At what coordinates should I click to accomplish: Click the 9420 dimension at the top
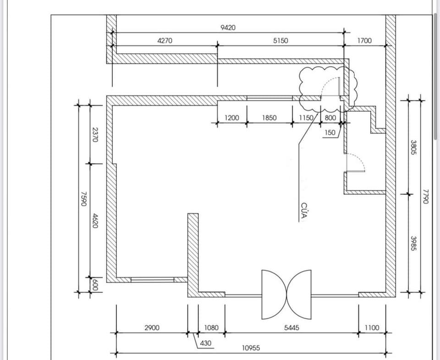(x=228, y=28)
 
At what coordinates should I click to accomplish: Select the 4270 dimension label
(x=165, y=41)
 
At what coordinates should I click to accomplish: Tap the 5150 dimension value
(x=280, y=41)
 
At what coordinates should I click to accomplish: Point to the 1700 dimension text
(x=364, y=41)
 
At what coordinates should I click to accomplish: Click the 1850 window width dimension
(x=269, y=118)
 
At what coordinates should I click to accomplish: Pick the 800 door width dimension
(x=330, y=118)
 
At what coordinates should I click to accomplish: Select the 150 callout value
(x=330, y=133)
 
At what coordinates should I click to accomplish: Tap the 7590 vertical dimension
(x=83, y=199)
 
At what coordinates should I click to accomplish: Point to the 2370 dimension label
(x=95, y=135)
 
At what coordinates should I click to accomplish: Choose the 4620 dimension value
(x=95, y=221)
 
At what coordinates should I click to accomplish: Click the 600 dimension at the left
(x=95, y=285)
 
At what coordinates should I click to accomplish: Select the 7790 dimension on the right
(x=426, y=197)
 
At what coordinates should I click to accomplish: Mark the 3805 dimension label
(x=413, y=147)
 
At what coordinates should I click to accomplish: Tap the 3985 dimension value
(x=413, y=244)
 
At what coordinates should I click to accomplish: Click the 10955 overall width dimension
(x=251, y=348)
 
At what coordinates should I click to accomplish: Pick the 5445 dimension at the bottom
(x=291, y=328)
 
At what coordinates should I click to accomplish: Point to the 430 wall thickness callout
(x=206, y=343)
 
